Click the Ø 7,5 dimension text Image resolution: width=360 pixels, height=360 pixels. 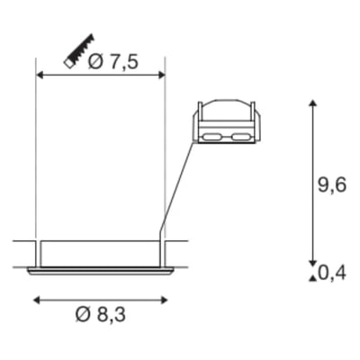point(113,62)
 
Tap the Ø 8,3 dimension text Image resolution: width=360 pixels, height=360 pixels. point(100,315)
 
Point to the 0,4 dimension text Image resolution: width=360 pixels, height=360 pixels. point(332,273)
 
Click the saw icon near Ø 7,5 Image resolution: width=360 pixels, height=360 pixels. point(79,51)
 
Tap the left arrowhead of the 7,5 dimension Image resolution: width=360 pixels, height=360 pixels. point(40,75)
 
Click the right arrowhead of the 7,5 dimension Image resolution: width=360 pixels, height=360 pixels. point(162,75)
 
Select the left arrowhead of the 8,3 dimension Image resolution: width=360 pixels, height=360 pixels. point(37,300)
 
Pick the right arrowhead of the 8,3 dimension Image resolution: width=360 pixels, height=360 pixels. point(164,300)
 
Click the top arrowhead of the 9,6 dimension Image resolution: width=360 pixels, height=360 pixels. point(313,103)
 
